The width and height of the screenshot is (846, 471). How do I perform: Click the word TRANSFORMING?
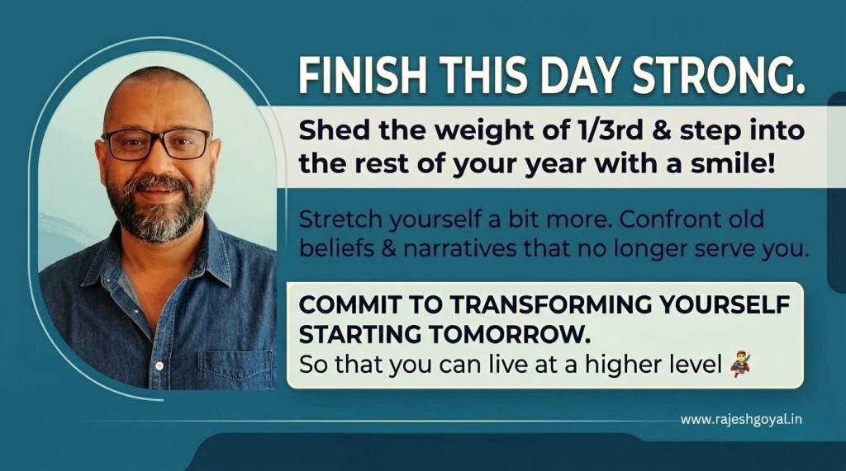pos(551,305)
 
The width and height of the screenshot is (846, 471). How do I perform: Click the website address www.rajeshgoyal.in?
pos(741,419)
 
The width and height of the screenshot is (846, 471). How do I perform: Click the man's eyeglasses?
pos(156,144)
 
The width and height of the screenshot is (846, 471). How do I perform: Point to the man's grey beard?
pos(158,210)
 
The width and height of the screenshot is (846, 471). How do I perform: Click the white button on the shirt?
pos(159,366)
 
